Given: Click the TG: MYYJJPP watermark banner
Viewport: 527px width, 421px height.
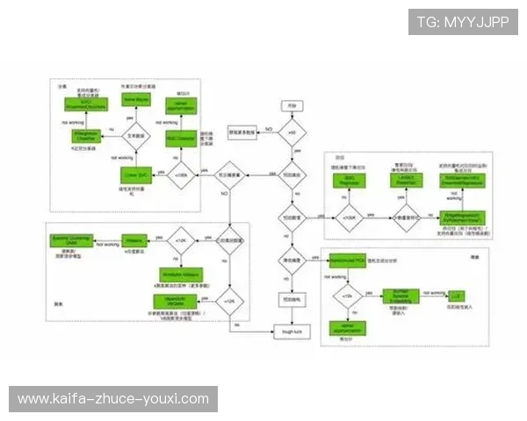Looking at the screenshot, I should [x=463, y=22].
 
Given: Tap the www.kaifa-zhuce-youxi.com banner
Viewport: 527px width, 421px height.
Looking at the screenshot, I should [x=112, y=399].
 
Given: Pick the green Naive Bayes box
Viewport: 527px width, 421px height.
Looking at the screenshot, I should [x=134, y=101].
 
